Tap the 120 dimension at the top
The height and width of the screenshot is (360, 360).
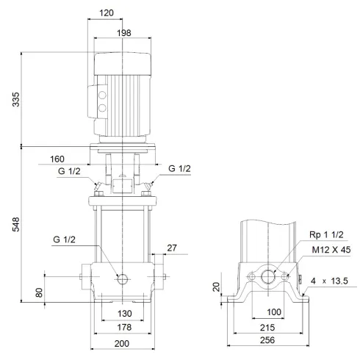pos(107,13)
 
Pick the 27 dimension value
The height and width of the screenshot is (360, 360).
pos(172,248)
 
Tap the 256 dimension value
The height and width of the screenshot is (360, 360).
pos(270,341)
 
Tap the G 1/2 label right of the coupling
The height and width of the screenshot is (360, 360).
pos(179,169)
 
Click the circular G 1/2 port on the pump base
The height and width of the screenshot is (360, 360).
pos(122,278)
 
